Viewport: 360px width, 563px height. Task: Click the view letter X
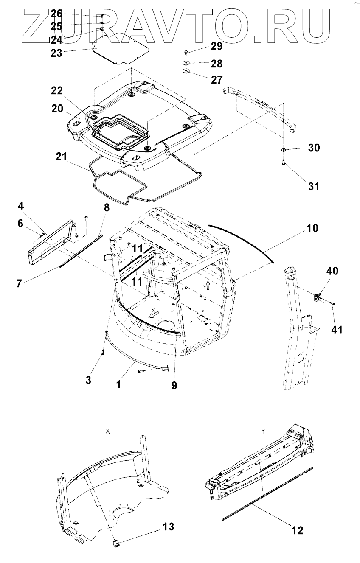(108, 430)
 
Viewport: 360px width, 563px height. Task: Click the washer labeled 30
(283, 150)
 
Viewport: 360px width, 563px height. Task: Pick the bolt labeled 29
(187, 52)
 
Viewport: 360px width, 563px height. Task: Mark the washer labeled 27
(186, 71)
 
